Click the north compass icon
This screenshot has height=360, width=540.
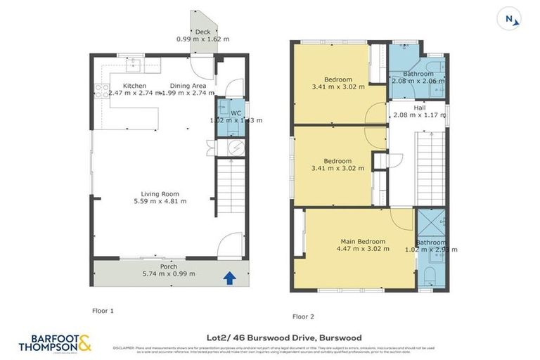pos(510,20)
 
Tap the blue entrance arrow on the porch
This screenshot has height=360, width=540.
pos(229,278)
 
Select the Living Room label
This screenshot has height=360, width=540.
pos(160,194)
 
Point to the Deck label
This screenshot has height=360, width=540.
pos(202,32)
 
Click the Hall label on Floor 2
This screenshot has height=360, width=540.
pos(419,108)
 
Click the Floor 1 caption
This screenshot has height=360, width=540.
pos(103,310)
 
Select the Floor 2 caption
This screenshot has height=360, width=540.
pos(303,316)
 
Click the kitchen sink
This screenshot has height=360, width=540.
pos(134,66)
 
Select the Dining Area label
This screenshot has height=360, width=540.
pos(188,86)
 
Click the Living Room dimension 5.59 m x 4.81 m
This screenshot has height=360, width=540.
pos(160,202)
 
